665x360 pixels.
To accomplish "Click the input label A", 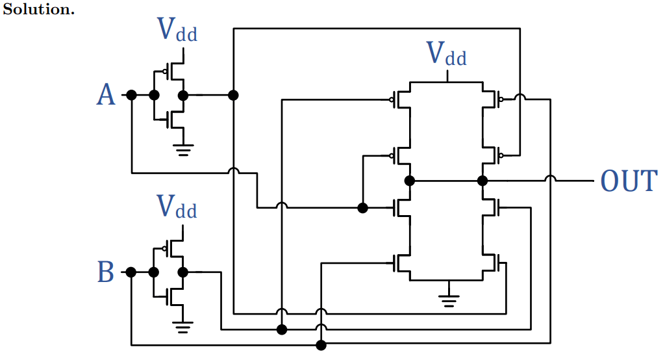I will point(106,96).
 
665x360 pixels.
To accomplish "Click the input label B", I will point(105,272).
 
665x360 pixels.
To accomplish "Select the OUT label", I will point(629,181).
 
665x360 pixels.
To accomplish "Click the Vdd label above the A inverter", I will point(177,30).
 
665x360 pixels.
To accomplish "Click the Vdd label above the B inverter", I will point(177,207).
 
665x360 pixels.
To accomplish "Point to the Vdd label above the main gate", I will point(447,54).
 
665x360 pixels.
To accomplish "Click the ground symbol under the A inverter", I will point(184,150).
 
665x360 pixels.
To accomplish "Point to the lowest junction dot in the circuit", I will point(320,345).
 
